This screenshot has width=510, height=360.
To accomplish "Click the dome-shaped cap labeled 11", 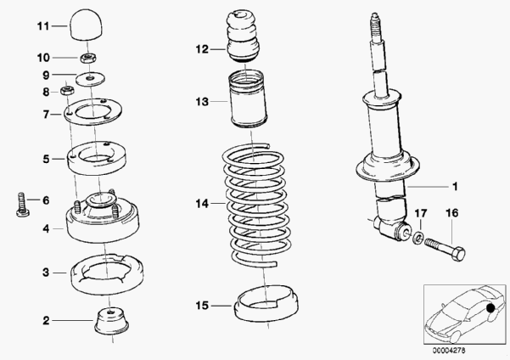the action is click(x=87, y=25).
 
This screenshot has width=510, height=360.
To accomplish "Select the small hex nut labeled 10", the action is click(x=87, y=59).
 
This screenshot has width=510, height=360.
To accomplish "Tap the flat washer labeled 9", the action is click(x=91, y=78).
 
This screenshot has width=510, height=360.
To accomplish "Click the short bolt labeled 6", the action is click(x=22, y=205).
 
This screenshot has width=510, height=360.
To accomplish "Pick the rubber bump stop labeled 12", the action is click(x=243, y=36).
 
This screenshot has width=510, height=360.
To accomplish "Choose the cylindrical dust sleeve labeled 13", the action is click(x=248, y=99).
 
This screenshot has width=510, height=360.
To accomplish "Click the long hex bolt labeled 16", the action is click(x=445, y=249).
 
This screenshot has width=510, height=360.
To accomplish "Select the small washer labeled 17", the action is click(x=418, y=238).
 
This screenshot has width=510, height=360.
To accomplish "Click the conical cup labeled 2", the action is click(x=111, y=322).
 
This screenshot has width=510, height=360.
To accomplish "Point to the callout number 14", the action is click(x=202, y=204).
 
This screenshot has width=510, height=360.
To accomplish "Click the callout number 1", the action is click(x=455, y=187).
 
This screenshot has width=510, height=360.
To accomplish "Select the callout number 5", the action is click(x=46, y=159).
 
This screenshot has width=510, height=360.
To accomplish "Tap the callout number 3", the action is click(x=46, y=272).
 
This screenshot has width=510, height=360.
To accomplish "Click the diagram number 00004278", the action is click(x=449, y=351).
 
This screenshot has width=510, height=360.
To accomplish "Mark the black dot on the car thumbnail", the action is click(x=490, y=307).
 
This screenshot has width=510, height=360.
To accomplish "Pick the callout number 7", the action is click(x=46, y=115).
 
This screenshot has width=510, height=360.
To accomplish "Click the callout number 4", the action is click(x=46, y=229).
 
